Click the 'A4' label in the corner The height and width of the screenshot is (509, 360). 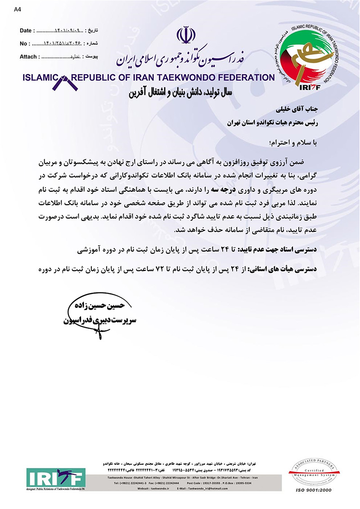[x=17, y=9]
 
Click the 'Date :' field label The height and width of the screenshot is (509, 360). [x=27, y=31]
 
